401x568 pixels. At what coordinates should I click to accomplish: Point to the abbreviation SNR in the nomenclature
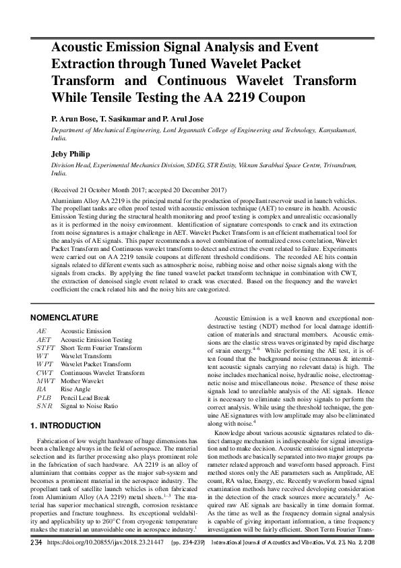(44, 405)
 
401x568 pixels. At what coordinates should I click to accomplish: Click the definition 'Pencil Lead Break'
(88, 397)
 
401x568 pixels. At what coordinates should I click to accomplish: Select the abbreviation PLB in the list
(44, 397)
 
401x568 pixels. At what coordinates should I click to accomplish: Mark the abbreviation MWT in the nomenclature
(45, 381)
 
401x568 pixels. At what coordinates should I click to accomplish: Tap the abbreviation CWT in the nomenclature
(44, 372)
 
